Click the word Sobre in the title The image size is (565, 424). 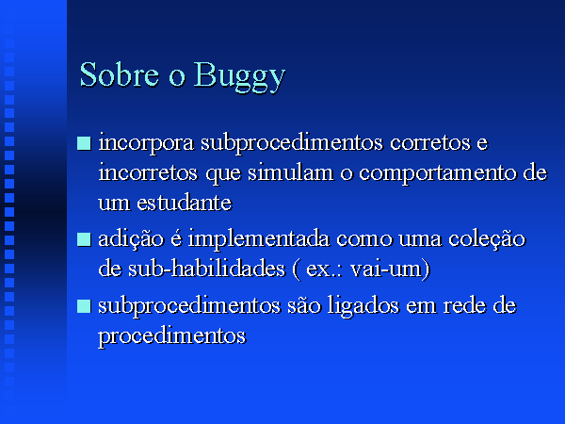120,74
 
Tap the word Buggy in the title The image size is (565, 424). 239,77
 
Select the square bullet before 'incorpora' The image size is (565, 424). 84,143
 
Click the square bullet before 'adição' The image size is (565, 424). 84,239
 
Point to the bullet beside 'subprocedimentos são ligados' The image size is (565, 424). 84,305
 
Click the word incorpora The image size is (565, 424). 146,143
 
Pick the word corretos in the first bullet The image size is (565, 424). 430,142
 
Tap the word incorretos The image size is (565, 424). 148,172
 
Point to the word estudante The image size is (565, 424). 185,203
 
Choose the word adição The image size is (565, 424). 131,239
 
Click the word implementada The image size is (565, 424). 259,239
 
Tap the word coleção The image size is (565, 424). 487,239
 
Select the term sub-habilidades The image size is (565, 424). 207,268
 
